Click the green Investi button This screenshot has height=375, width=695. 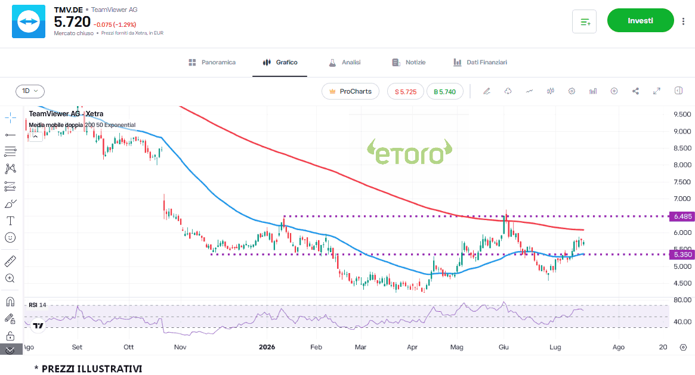point(640,20)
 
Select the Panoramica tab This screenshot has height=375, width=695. point(212,63)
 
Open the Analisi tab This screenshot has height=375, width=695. point(344,63)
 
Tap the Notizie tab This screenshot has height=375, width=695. point(409,63)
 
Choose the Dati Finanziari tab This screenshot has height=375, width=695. point(480,63)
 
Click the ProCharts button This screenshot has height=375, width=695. point(350,91)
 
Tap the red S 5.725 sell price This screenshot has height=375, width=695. point(406,92)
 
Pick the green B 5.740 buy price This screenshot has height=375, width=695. point(444,92)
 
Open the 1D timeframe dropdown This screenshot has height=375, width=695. point(30,91)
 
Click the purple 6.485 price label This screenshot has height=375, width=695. point(682,216)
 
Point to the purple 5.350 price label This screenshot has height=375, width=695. point(682,255)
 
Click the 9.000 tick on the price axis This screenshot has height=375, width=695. point(682,131)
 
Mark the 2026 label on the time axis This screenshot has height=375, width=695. point(267,347)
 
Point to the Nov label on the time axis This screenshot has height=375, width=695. point(180,347)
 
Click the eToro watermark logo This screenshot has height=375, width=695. point(410,152)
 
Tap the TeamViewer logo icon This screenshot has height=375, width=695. point(29,21)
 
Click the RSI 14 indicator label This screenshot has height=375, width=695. point(37,305)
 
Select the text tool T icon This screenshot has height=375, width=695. point(10,221)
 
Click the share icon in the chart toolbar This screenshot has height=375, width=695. point(635,91)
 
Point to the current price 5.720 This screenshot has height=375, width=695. point(72,21)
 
